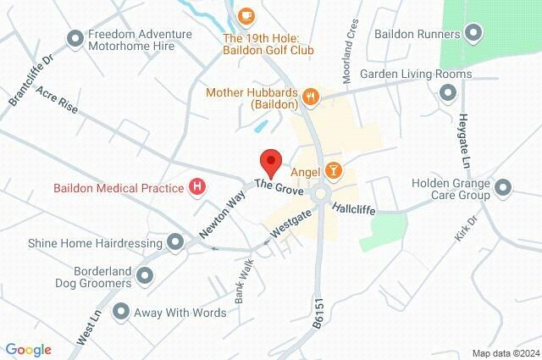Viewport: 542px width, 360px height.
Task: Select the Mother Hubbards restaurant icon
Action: click(312, 97)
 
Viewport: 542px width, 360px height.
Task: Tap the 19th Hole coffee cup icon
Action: click(246, 14)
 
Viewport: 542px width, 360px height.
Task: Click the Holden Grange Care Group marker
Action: click(505, 187)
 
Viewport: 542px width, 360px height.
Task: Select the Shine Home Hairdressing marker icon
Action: click(175, 243)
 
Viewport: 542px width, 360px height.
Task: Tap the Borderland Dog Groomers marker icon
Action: click(146, 275)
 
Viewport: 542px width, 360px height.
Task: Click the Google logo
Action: click(28, 349)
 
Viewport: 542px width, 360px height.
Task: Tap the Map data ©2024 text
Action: click(505, 352)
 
